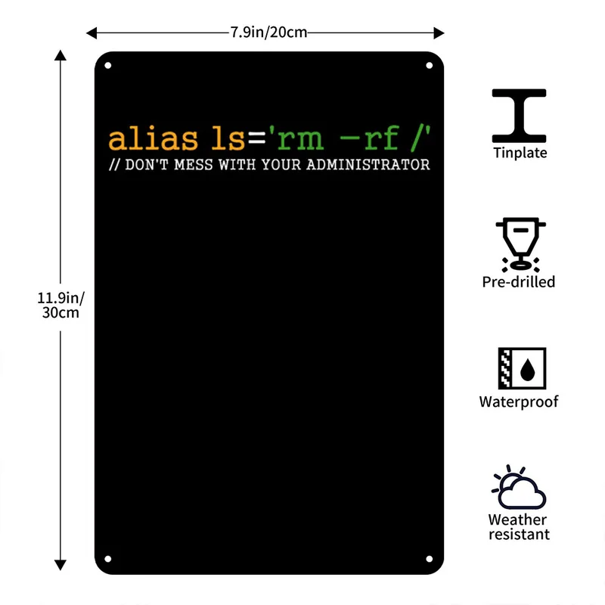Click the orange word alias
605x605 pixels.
154,138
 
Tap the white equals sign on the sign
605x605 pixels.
257,138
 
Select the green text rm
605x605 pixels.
300,139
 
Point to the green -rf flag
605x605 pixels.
369,138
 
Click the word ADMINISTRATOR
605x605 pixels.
368,165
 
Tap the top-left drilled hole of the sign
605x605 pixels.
108,66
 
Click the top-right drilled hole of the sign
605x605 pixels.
429,66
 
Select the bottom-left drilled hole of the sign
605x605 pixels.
108,559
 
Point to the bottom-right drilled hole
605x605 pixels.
429,559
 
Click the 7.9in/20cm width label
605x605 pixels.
268,33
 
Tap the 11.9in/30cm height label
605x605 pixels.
60,306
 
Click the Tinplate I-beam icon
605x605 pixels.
519,116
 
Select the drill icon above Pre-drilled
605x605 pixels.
520,244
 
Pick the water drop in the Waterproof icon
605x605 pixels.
527,369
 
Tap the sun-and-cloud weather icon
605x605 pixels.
519,487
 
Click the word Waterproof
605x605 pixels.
519,402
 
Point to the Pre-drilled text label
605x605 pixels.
519,282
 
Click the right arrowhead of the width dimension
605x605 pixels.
439,33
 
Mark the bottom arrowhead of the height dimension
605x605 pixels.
60,565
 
